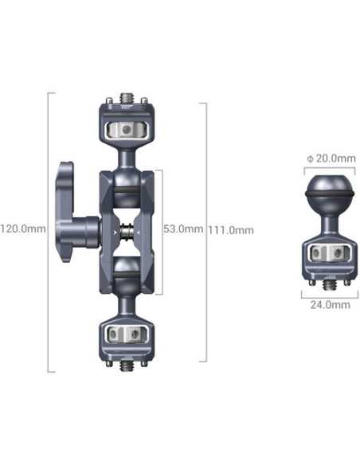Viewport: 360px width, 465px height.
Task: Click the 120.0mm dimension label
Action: [x=24, y=229]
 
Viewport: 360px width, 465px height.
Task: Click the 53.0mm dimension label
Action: [x=184, y=229]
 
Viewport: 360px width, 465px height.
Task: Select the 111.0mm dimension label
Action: [x=231, y=230]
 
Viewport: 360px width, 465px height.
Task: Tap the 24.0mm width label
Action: [x=329, y=305]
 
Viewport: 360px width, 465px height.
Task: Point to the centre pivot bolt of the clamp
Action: [x=127, y=232]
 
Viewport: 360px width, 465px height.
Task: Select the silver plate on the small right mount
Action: [x=329, y=253]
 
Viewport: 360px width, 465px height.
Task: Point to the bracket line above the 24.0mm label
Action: [x=329, y=292]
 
